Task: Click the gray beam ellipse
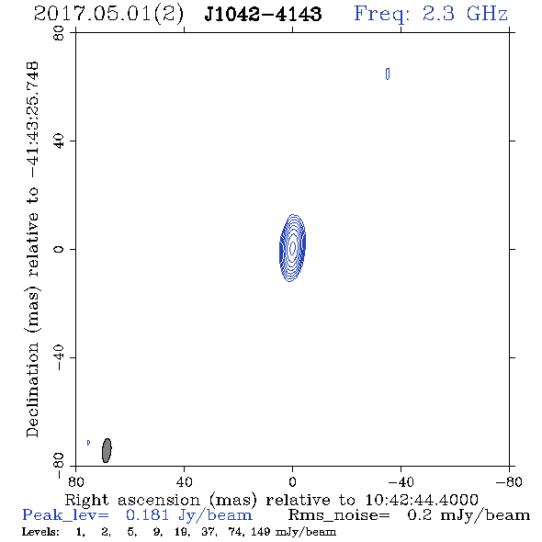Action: (x=107, y=450)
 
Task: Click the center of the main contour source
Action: (x=292, y=247)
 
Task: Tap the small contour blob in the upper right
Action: (x=388, y=73)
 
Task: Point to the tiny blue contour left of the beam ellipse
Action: (x=88, y=443)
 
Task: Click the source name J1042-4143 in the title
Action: (x=263, y=14)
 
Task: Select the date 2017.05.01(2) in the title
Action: (x=108, y=15)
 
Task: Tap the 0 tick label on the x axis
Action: (x=292, y=482)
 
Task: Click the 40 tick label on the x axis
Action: (x=184, y=482)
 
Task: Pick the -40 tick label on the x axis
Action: (x=401, y=482)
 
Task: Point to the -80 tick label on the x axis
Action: (x=509, y=482)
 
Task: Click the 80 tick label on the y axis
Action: (x=59, y=33)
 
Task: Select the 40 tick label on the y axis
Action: (x=59, y=141)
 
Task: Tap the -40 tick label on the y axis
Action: (x=59, y=357)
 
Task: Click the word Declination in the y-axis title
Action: (x=32, y=390)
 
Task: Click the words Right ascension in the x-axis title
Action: (x=132, y=500)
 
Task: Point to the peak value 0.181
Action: (x=148, y=515)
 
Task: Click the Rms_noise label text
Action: (x=339, y=515)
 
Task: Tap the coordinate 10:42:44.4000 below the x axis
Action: (x=422, y=500)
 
